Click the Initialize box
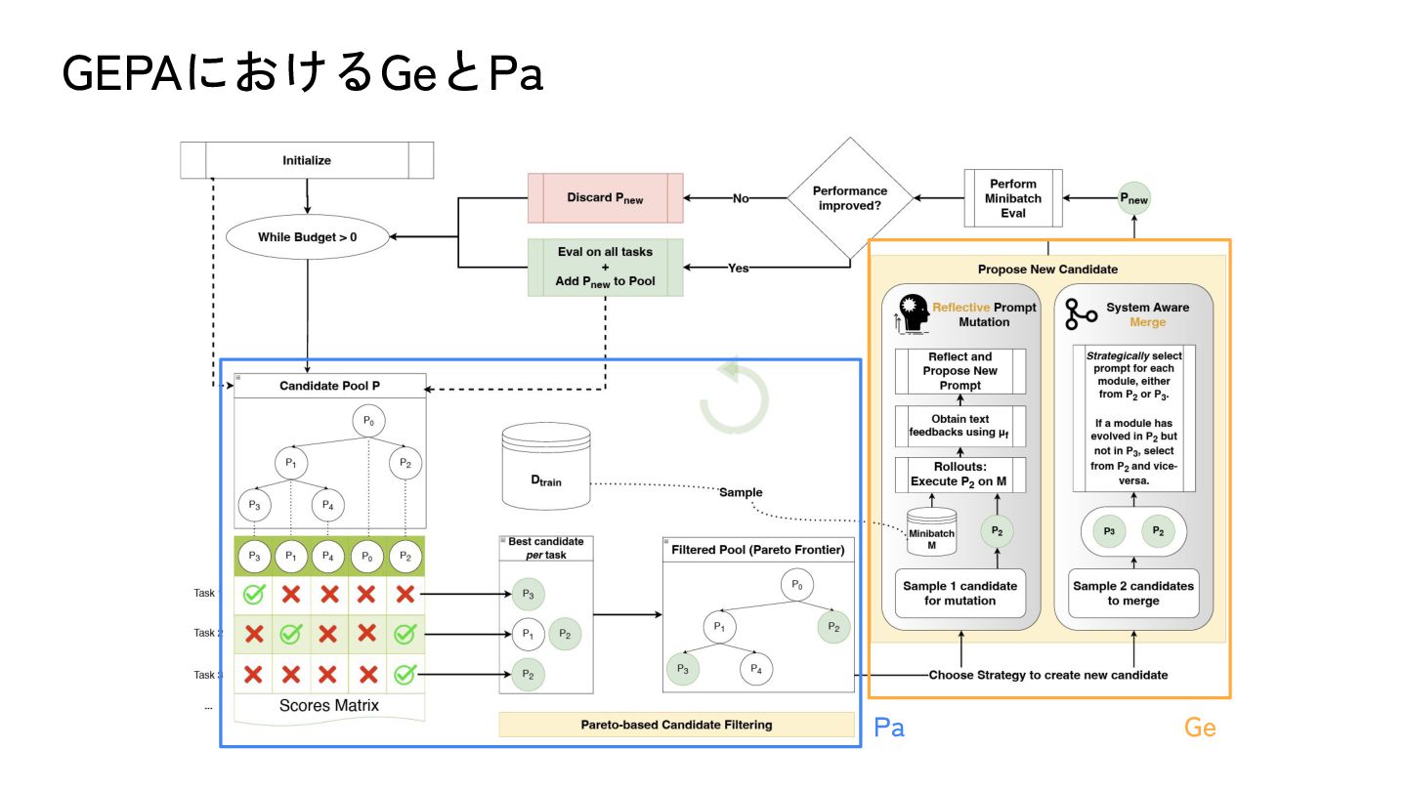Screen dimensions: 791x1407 (x=307, y=160)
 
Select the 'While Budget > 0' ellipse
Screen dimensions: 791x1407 (x=308, y=236)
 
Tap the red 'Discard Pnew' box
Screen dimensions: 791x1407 (x=605, y=198)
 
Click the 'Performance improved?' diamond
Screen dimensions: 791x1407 (x=850, y=198)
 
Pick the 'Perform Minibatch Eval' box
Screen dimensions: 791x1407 (x=1012, y=198)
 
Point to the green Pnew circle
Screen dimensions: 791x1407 (x=1133, y=199)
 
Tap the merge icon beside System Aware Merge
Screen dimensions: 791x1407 (x=1081, y=314)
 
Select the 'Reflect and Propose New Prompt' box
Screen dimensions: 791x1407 (x=960, y=371)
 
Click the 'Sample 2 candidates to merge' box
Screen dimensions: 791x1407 (x=1133, y=593)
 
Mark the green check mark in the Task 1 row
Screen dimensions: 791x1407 (x=254, y=593)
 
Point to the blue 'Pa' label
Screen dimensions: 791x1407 (x=888, y=727)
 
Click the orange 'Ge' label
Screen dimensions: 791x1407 (x=1200, y=727)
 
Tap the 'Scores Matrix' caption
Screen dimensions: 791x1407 (x=328, y=705)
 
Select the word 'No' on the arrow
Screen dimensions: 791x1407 (x=741, y=198)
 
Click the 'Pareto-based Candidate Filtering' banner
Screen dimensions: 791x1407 (x=676, y=725)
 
